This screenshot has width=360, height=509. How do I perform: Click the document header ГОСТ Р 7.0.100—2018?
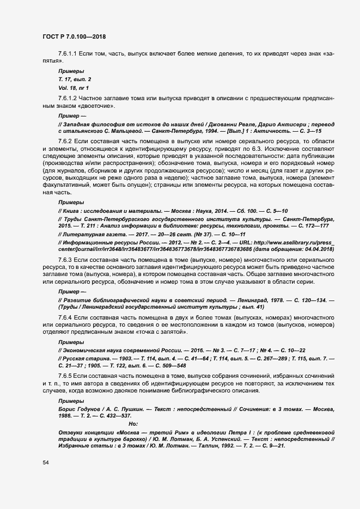[x=74, y=36]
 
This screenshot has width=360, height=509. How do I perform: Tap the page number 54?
[x=46, y=463]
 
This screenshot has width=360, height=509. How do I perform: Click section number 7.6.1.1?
[x=70, y=56]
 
